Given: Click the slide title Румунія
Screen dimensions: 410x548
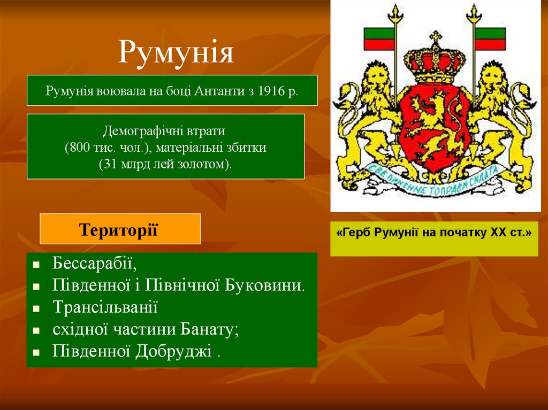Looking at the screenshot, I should click(176, 52).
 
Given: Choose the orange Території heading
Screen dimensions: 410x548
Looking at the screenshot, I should click(119, 229).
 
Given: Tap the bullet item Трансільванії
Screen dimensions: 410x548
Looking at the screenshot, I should click(105, 307).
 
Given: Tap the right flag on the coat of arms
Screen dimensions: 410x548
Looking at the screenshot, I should click(490, 38).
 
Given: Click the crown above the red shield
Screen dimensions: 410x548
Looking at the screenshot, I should click(435, 61).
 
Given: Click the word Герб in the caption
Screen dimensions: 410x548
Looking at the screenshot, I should click(358, 233).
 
